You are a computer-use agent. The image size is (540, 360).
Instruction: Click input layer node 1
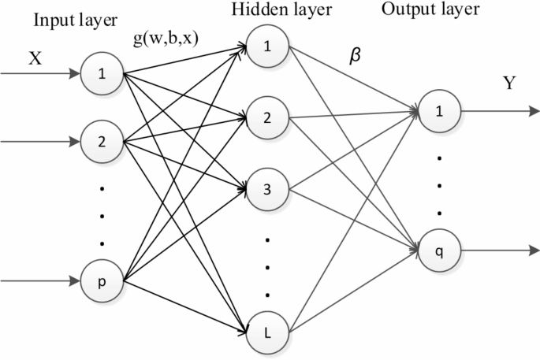pos(101,75)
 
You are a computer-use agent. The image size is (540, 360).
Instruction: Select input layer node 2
pos(101,143)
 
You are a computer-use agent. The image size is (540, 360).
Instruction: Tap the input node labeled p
pos(101,280)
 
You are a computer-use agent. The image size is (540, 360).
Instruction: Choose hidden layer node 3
pos(267,190)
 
